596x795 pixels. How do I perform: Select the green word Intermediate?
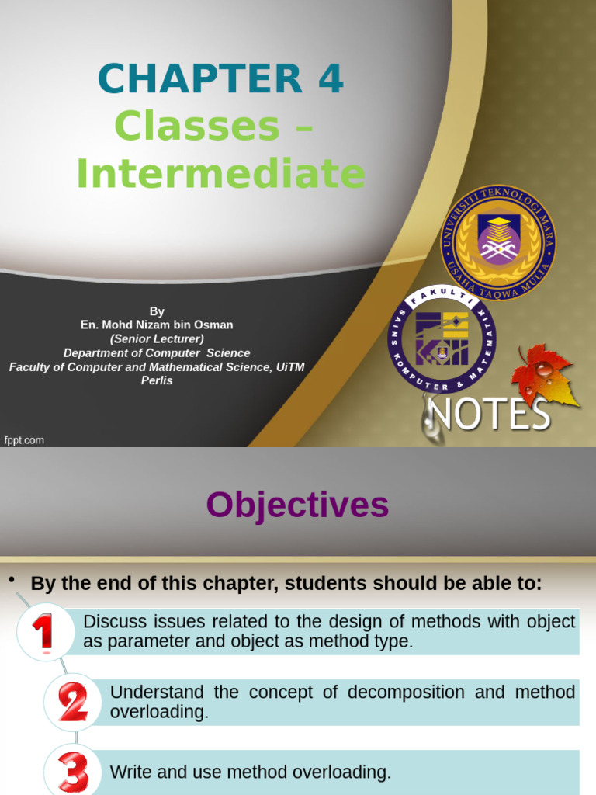[x=220, y=174]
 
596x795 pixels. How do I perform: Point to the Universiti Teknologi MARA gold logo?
[x=504, y=243]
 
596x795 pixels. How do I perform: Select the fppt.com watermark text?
[x=24, y=440]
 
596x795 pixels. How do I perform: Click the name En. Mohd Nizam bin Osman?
[x=157, y=325]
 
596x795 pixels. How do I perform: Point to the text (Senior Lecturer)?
[x=157, y=339]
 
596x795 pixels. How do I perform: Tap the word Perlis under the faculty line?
[x=157, y=381]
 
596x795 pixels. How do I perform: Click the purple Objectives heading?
[x=297, y=505]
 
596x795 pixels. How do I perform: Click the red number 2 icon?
[x=72, y=702]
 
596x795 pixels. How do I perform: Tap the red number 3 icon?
[x=73, y=771]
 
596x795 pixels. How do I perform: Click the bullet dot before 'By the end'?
[x=12, y=581]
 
